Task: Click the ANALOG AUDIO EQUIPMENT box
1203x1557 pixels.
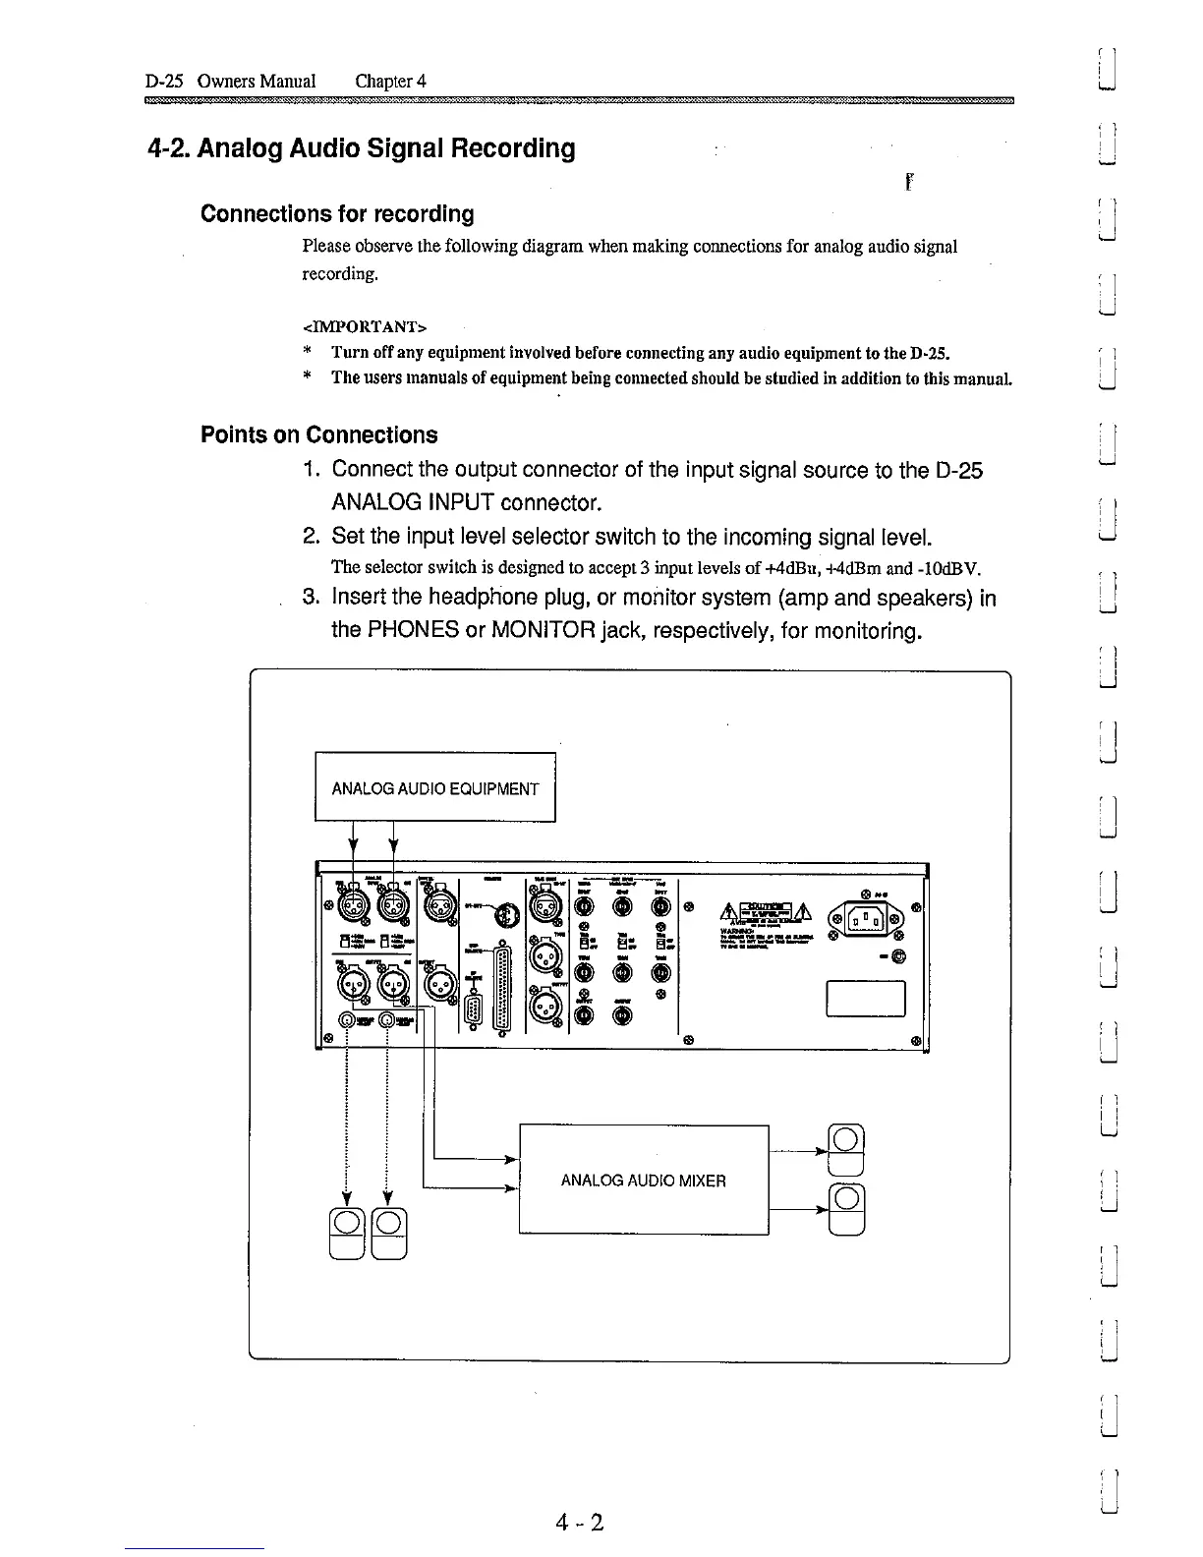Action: point(435,787)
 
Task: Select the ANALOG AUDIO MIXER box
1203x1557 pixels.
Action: point(643,1180)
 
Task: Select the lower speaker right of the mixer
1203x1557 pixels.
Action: point(847,1208)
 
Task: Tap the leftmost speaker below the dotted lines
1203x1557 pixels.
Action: point(346,1233)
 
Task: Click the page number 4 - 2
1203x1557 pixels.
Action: point(578,1523)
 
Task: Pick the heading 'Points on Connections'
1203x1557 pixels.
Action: point(319,434)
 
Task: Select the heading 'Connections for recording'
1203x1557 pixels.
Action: point(337,214)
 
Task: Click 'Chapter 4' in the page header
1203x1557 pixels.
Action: point(391,81)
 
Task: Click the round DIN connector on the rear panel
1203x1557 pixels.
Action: point(503,914)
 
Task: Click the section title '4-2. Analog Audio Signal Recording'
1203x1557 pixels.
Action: point(361,148)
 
